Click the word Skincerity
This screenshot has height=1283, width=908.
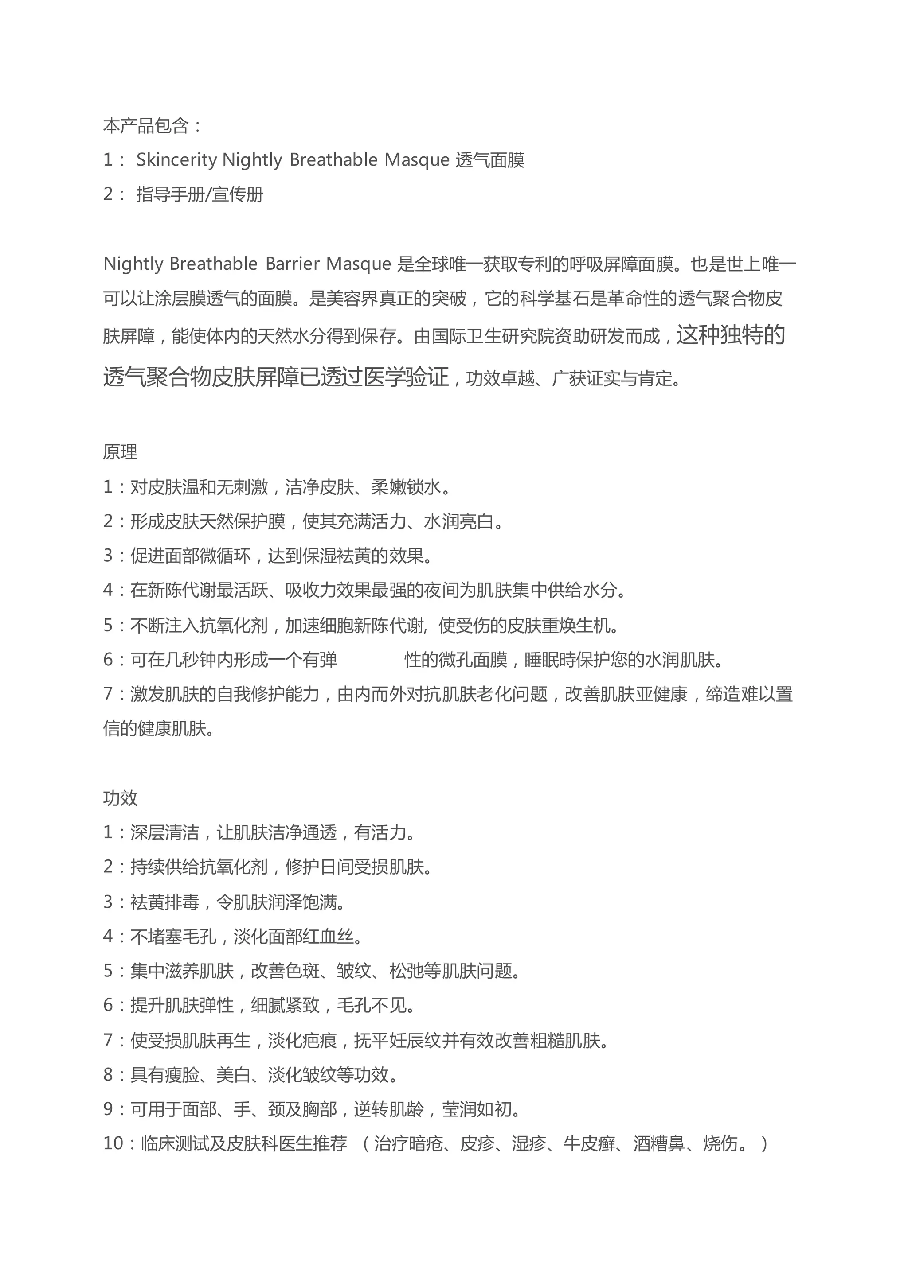click(x=177, y=160)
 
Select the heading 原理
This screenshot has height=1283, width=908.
click(x=120, y=451)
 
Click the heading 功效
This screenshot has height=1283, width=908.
click(x=120, y=798)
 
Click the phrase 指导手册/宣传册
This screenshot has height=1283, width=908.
click(x=200, y=194)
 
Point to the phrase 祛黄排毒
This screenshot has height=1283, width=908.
click(x=164, y=902)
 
